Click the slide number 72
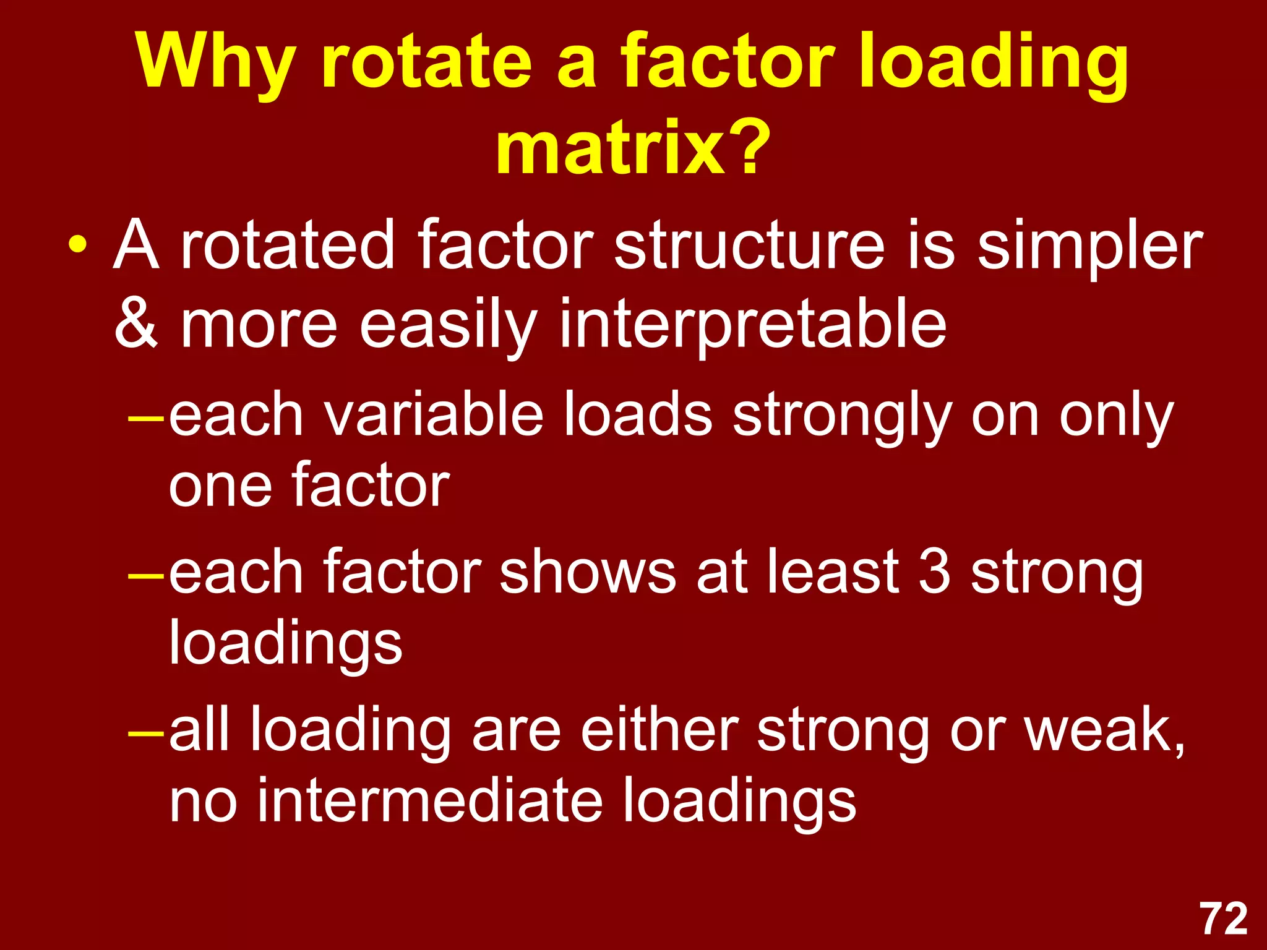(x=1224, y=919)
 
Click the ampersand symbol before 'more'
(x=137, y=323)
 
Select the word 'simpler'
(x=1089, y=247)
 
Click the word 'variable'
(x=433, y=414)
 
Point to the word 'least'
(x=833, y=573)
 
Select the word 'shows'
(x=587, y=573)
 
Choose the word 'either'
(x=659, y=730)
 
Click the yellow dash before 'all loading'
(x=146, y=734)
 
